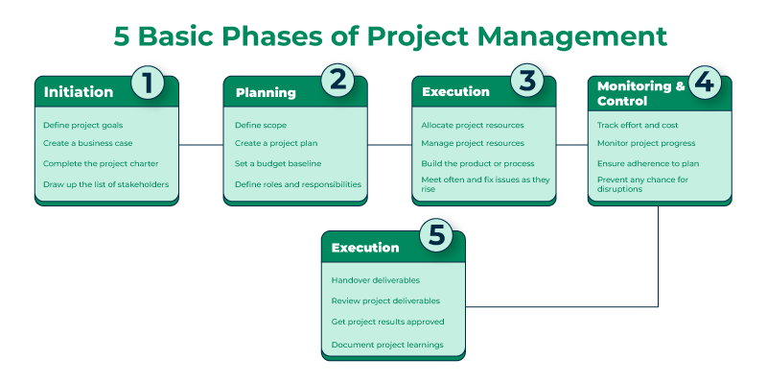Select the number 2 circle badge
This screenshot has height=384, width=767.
coord(337,81)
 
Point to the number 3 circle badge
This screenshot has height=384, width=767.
coord(526,81)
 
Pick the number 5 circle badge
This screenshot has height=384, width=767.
coord(435,236)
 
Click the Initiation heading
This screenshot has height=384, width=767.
coord(78,93)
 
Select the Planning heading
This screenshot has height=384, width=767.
coord(266,93)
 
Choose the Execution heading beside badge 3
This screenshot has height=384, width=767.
coord(455,92)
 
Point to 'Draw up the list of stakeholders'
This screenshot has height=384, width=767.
coord(106,183)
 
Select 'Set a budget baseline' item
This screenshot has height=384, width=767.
coord(278,164)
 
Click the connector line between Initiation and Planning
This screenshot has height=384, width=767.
coord(201,146)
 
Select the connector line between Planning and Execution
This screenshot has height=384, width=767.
coord(390,146)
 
